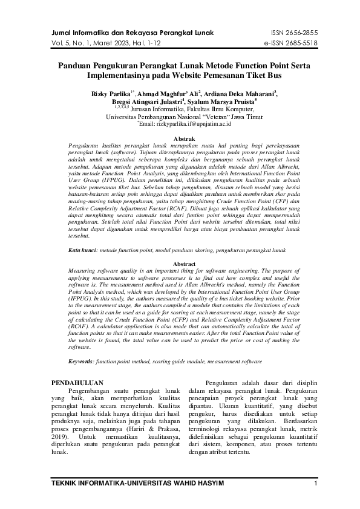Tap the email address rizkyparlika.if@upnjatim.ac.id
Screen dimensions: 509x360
[x=185, y=124]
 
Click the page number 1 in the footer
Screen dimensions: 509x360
[x=316, y=484]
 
